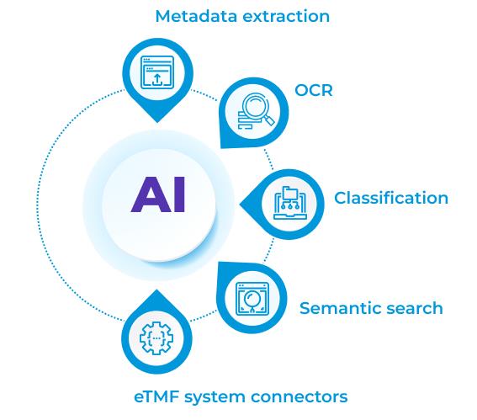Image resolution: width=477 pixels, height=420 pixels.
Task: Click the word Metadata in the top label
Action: tap(196, 16)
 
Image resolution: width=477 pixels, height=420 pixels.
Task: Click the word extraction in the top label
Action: tap(286, 17)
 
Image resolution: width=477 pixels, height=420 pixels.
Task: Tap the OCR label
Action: tap(314, 90)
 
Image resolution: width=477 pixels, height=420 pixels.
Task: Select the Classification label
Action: tap(391, 198)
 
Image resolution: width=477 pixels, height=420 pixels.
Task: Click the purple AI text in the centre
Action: tap(158, 194)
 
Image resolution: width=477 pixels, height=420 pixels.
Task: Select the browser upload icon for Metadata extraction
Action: tap(157, 72)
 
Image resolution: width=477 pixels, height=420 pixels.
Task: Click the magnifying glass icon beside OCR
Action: tap(256, 111)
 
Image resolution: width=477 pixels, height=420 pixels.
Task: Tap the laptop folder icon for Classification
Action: tap(290, 203)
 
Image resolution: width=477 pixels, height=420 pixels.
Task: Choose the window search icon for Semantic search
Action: tap(252, 299)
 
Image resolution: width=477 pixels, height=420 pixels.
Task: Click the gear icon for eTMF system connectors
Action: tap(156, 338)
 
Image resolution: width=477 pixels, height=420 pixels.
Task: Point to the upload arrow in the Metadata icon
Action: tap(157, 79)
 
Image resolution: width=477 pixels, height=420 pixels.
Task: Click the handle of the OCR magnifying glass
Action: tap(269, 120)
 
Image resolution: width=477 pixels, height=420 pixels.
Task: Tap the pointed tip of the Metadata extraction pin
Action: tap(157, 123)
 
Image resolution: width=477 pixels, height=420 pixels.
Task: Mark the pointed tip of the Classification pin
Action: tap(241, 205)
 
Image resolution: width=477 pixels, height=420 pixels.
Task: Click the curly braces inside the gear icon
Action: tap(156, 338)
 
